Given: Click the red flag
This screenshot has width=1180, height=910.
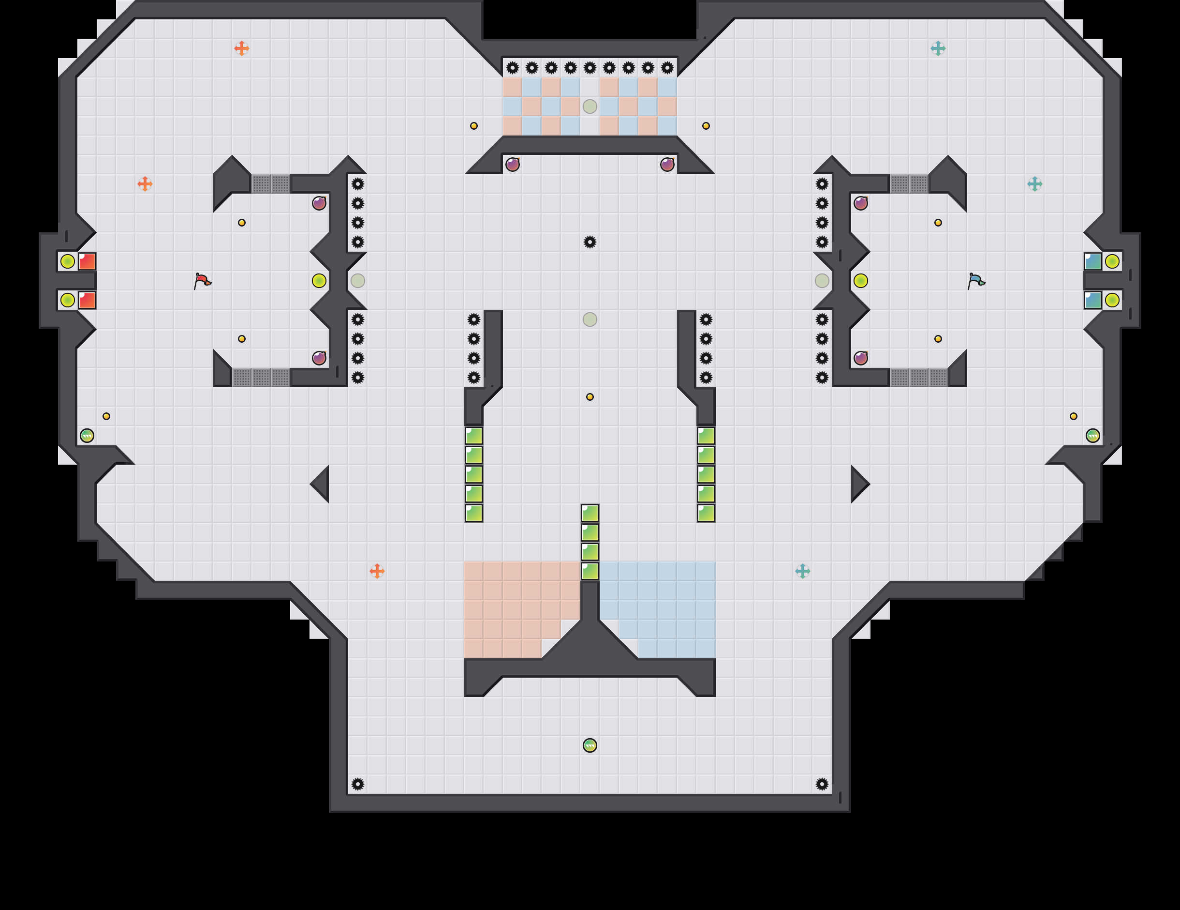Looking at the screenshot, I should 202,281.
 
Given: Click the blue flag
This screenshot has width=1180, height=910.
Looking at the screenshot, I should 976,281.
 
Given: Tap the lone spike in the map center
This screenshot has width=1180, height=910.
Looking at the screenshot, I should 590,242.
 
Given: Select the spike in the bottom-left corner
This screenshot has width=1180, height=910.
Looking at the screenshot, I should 358,784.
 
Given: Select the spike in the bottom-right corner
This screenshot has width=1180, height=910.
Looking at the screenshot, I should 822,784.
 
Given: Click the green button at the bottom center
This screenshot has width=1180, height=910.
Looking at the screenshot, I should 590,745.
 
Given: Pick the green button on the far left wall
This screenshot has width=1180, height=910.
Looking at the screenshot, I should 87,435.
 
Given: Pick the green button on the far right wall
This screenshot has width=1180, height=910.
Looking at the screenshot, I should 1092,435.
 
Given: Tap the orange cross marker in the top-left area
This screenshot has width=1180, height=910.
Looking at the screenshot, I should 241,48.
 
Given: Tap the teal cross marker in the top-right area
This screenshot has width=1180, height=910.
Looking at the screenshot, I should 938,48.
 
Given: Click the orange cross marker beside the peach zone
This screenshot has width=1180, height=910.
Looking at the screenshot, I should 377,571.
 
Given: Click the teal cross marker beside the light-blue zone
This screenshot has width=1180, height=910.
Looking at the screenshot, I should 802,571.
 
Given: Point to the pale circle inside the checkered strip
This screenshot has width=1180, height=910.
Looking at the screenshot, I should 590,106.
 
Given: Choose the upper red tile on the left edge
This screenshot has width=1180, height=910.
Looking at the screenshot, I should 87,261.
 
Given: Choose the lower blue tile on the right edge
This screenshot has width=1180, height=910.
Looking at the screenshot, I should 1092,300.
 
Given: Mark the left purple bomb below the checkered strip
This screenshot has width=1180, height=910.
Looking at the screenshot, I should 512,165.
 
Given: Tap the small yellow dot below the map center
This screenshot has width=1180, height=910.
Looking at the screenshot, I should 590,397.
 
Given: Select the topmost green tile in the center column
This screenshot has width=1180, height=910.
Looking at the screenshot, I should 590,513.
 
